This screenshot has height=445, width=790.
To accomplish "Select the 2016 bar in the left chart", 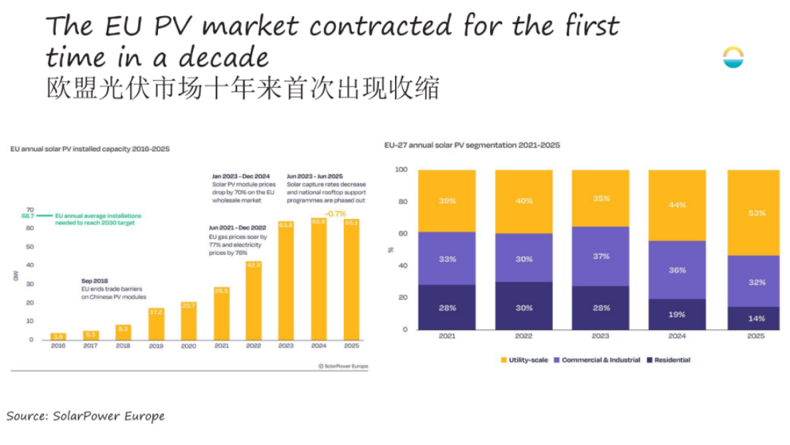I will pos(58,336).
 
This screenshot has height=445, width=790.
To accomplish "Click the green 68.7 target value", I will pos(27,217).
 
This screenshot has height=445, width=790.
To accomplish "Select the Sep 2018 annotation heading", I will pos(94,281).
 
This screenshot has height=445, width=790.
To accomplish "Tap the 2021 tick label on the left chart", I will pos(221,347).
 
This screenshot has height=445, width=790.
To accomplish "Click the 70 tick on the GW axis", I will pos(29,209).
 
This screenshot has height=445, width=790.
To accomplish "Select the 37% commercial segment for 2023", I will pos(600,256).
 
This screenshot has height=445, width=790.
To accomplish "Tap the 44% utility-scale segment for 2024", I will pos(677,205).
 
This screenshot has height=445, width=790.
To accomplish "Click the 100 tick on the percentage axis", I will pos(400,170).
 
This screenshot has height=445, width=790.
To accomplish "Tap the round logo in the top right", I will pos(734,58).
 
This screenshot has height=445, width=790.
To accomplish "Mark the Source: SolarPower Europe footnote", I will pos(86,416).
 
